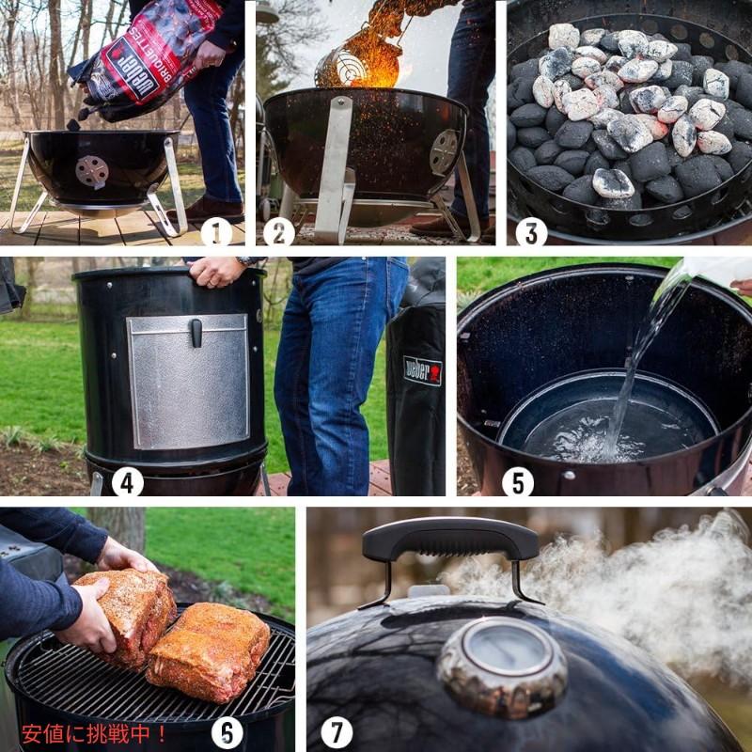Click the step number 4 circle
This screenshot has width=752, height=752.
(127, 482)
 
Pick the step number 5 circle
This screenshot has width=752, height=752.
(517, 482)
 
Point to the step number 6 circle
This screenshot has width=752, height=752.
(227, 732)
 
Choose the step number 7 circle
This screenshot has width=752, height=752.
(336, 732)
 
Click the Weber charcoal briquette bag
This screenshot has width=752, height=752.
(146, 56)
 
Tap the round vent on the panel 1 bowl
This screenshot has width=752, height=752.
(91, 171)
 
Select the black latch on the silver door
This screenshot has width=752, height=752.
(196, 332)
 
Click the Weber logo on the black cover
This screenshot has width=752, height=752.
(422, 370)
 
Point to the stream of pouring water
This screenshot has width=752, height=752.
(639, 357)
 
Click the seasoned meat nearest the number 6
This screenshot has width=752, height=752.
(209, 650)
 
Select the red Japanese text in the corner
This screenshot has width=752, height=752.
(94, 732)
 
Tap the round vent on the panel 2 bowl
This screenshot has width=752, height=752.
(444, 152)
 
